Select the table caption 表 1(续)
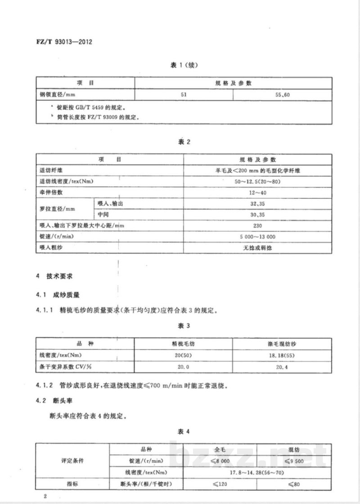(x=184, y=65)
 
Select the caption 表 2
(x=185, y=142)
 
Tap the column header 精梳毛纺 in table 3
(x=183, y=344)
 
